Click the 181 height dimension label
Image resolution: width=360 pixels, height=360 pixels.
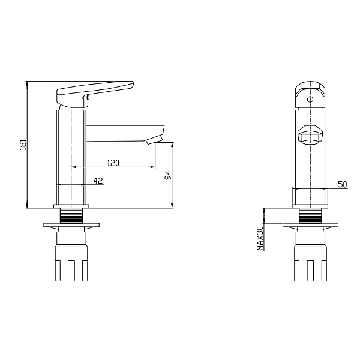coord(23,145)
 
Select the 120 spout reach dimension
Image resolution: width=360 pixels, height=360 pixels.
coord(113,163)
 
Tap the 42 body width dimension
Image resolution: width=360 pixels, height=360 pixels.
coord(98,181)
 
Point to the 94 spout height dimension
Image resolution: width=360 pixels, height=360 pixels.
coord(168,175)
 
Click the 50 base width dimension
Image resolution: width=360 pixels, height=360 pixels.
coord(343,184)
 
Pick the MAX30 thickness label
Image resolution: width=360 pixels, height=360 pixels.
coord(260,238)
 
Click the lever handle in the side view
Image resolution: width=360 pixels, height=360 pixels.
coord(95,94)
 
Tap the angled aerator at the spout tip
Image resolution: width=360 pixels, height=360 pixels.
coord(154,140)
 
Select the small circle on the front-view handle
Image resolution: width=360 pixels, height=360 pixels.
coord(310,100)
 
